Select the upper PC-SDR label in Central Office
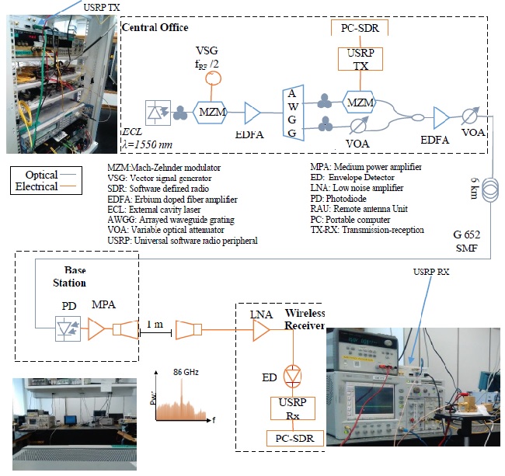pyautogui.click(x=360, y=28)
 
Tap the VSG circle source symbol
pyautogui.click(x=213, y=78)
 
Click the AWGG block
pyautogui.click(x=293, y=113)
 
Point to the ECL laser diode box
pyautogui.click(x=158, y=113)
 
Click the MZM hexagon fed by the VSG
pyautogui.click(x=211, y=112)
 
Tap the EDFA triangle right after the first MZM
pyautogui.click(x=252, y=113)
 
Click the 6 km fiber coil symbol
pyautogui.click(x=490, y=190)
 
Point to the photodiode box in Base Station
pyautogui.click(x=68, y=328)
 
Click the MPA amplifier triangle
pyautogui.click(x=96, y=329)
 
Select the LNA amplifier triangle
pyautogui.click(x=261, y=330)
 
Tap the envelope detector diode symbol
pyautogui.click(x=292, y=376)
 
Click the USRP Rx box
pyautogui.click(x=292, y=408)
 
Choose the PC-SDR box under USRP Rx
pyautogui.click(x=295, y=439)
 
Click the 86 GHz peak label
pyautogui.click(x=186, y=372)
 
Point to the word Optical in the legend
pyautogui.click(x=41, y=175)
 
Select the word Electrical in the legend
pyautogui.click(x=37, y=186)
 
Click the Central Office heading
pyautogui.click(x=155, y=27)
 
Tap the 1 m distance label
pyautogui.click(x=155, y=324)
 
